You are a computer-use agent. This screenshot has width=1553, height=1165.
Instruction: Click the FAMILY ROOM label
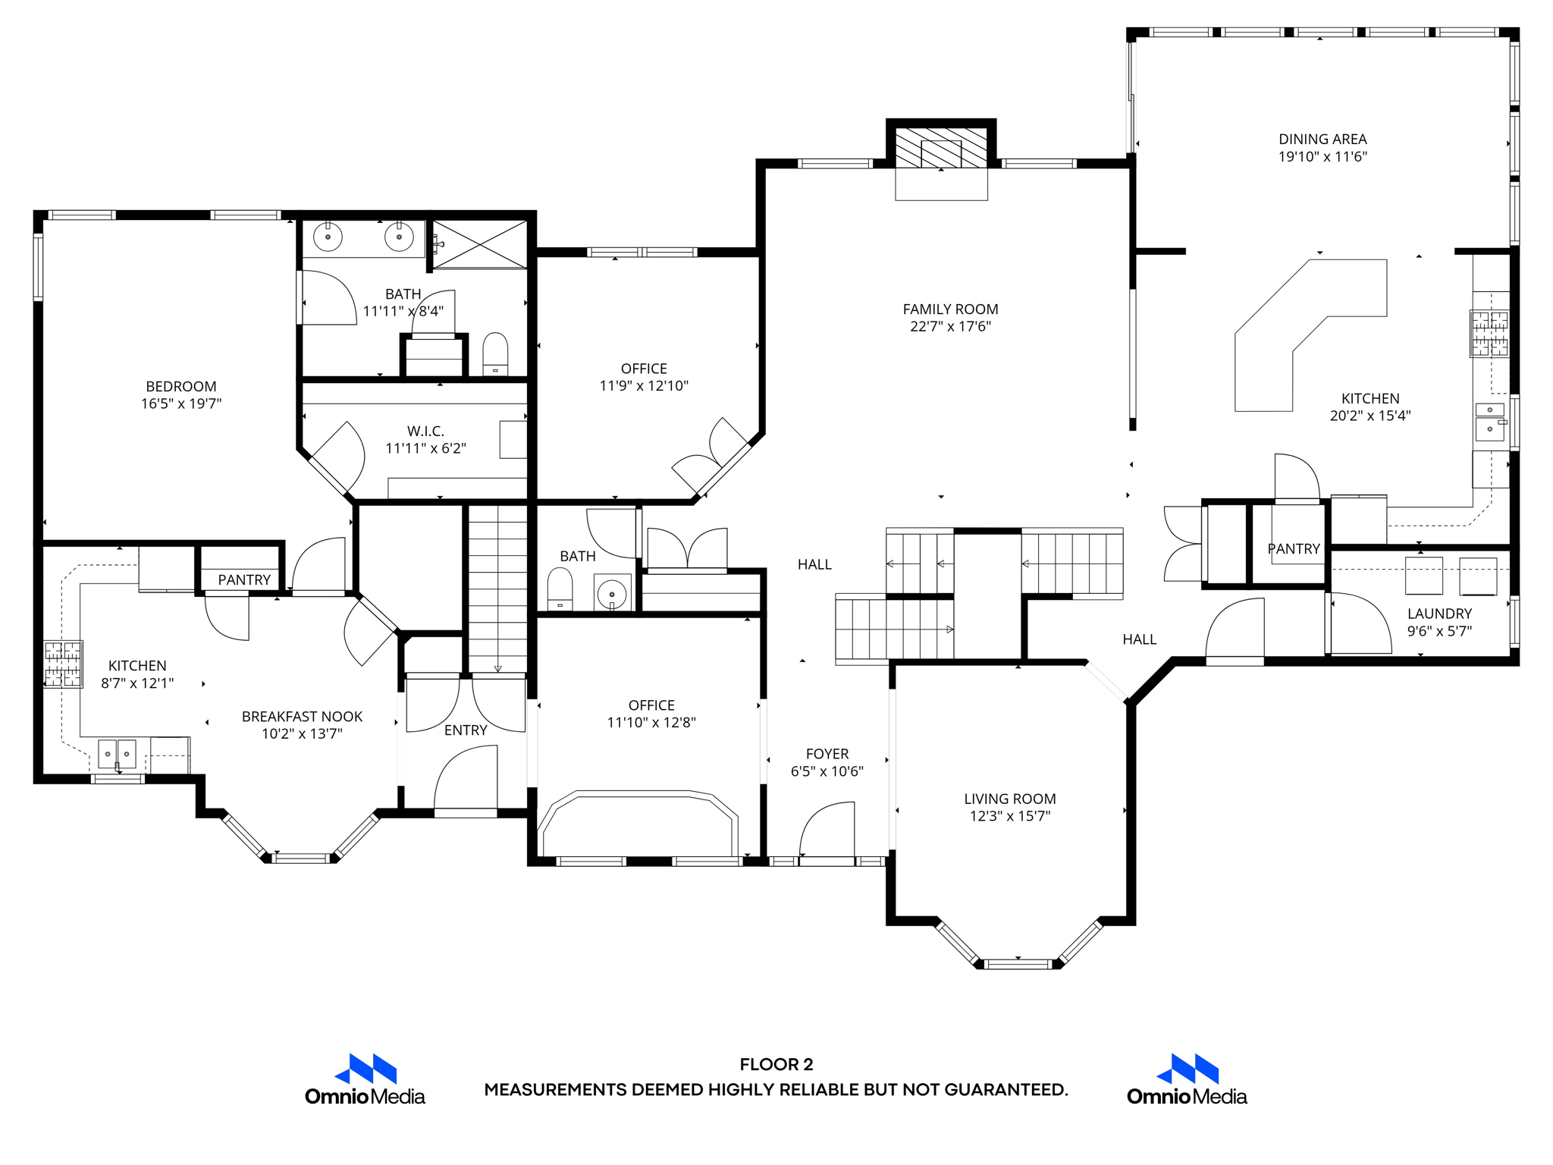coord(950,309)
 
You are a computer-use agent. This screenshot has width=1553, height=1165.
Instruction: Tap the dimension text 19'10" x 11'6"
coord(1322,157)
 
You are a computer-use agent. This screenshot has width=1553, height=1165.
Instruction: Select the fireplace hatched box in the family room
coord(941,148)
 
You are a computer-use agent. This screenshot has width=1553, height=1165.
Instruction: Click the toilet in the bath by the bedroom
coord(495,353)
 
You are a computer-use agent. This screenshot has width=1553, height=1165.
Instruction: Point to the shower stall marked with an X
coord(479,244)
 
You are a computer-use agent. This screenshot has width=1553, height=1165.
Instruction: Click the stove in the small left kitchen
coord(63,664)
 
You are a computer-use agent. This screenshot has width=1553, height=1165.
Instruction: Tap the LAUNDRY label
coord(1439,614)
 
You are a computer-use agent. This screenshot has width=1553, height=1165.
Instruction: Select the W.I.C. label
coord(425,432)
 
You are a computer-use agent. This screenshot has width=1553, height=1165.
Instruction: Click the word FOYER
coord(827,754)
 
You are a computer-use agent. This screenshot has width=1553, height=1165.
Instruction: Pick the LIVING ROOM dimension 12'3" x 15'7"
coord(1009,816)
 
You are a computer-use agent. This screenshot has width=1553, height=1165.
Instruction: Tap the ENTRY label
coord(466,730)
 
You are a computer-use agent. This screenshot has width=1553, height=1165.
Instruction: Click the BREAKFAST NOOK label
coord(302,717)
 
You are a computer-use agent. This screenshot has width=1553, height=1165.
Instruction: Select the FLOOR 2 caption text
coord(776,1064)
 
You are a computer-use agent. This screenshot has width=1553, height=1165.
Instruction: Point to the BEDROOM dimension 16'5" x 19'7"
coord(181,404)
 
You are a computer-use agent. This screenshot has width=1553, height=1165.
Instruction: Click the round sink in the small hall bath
coord(611,594)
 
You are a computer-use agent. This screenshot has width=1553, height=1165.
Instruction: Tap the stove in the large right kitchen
coord(1489,333)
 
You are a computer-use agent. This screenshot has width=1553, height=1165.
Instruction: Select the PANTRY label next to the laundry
coord(1294,549)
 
